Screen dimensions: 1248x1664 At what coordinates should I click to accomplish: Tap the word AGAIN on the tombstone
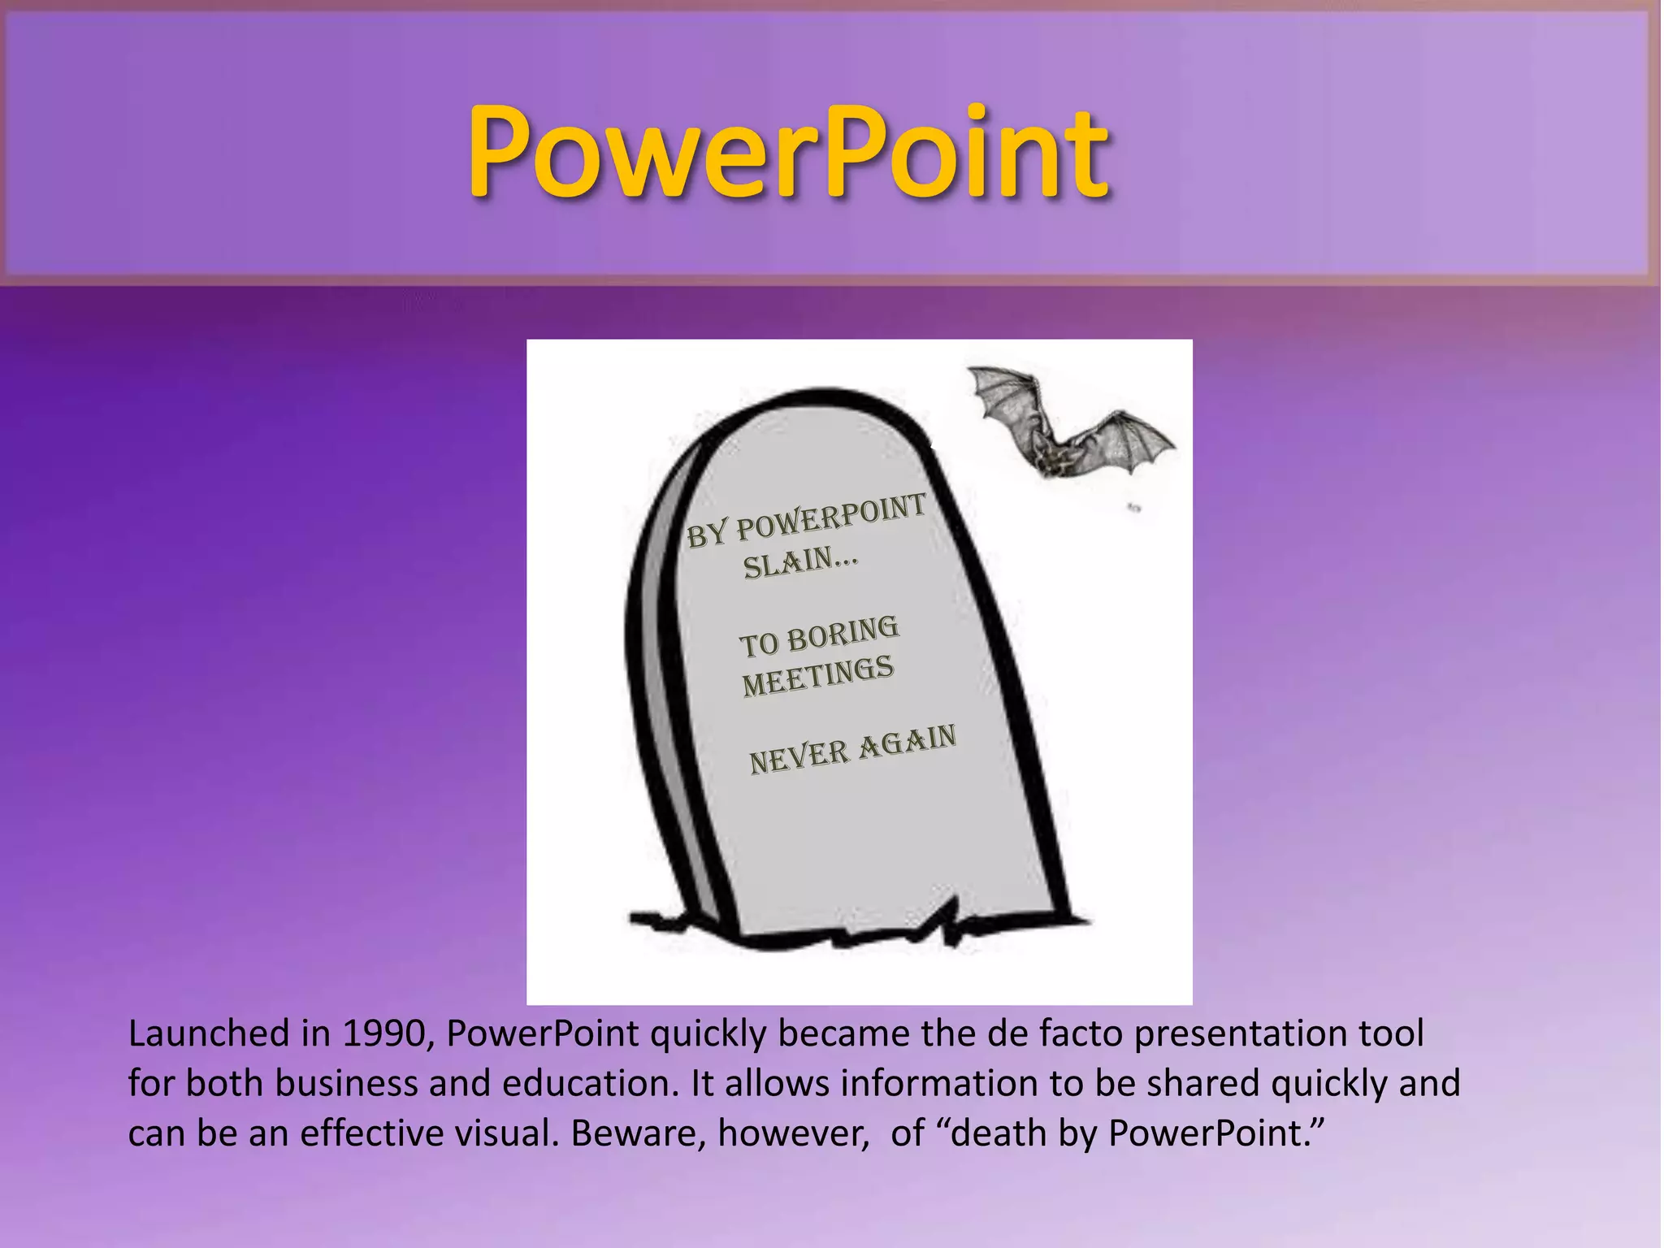click(908, 741)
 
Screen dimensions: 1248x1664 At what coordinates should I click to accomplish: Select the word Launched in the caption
click(208, 1033)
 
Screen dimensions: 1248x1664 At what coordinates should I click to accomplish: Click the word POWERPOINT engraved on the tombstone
click(830, 518)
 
